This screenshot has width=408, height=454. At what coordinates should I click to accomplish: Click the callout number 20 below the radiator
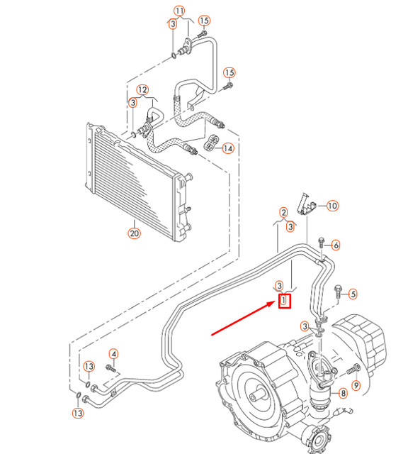[x=135, y=232]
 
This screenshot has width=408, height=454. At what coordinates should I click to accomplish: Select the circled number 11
[x=179, y=11]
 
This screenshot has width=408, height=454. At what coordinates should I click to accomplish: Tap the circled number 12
[x=142, y=90]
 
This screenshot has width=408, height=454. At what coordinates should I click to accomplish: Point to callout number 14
[x=228, y=148]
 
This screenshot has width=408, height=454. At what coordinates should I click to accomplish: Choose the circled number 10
[x=332, y=206]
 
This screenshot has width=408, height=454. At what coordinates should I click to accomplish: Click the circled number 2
[x=283, y=212]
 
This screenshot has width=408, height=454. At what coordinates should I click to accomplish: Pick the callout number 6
[x=336, y=245]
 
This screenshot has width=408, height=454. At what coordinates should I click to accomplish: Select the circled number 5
[x=353, y=293]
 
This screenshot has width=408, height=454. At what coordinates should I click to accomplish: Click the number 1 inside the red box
[x=284, y=300]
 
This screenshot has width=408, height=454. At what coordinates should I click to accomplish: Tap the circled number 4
[x=113, y=353]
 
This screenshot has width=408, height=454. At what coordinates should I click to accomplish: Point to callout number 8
[x=343, y=392]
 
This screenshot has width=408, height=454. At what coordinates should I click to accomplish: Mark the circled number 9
[x=356, y=385]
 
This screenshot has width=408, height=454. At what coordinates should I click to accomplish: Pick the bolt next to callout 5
[x=337, y=290]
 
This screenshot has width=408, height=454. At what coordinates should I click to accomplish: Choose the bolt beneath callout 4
[x=111, y=367]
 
